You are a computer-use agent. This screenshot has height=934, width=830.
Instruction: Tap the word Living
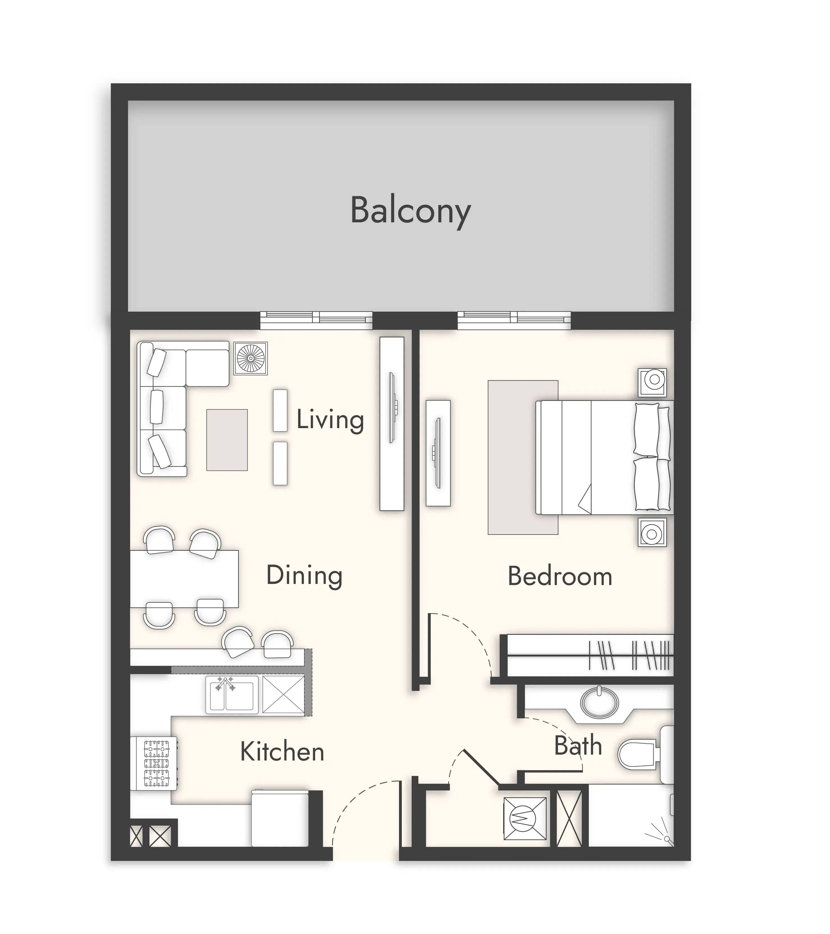330,419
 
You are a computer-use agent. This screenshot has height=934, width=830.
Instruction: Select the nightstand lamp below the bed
652,532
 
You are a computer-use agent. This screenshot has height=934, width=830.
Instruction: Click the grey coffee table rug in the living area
227,440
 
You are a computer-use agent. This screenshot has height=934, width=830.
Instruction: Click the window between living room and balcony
316,320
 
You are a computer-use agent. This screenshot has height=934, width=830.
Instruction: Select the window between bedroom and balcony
514,320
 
